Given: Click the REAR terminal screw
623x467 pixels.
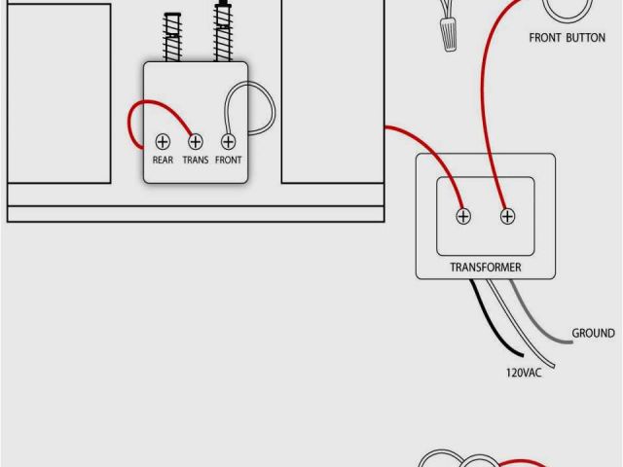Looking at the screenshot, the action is [x=163, y=142].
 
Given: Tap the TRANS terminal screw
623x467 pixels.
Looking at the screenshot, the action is [x=195, y=142].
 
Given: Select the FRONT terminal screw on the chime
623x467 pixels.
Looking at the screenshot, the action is [x=228, y=142].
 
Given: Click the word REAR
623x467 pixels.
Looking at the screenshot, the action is [x=163, y=160].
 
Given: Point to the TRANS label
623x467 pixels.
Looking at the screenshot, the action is [x=195, y=160].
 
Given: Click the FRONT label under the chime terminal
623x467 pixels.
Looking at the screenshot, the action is [x=228, y=160].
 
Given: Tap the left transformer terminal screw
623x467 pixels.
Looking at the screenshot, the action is [x=464, y=216].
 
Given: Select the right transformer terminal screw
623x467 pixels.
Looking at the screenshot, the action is [x=507, y=216].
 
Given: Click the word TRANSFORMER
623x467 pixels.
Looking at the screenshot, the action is [x=485, y=267].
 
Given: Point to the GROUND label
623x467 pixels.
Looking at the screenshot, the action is [x=593, y=333].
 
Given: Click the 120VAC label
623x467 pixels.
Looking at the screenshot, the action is [x=523, y=372].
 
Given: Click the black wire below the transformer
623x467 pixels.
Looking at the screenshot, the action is [x=492, y=321].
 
